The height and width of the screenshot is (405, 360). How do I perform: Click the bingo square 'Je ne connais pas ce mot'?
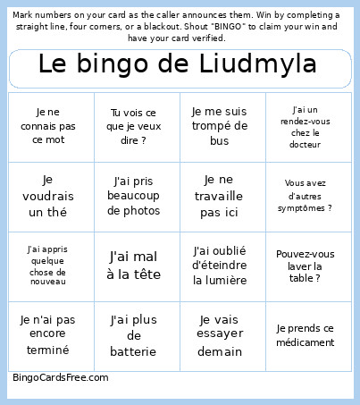(x=50, y=126)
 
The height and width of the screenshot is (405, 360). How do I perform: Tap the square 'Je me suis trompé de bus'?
(x=222, y=126)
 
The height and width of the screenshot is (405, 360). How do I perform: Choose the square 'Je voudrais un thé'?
(x=50, y=196)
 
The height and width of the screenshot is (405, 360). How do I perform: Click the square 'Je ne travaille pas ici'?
(x=222, y=196)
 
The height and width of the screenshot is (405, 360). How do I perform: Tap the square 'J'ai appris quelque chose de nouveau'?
(x=50, y=266)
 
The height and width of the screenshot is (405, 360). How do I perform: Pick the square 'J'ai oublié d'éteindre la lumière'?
(x=222, y=266)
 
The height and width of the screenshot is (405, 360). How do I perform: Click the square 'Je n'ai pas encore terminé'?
(x=50, y=335)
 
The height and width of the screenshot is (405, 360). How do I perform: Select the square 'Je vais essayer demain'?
(x=222, y=335)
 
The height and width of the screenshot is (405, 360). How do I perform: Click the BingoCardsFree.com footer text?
(x=61, y=377)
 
